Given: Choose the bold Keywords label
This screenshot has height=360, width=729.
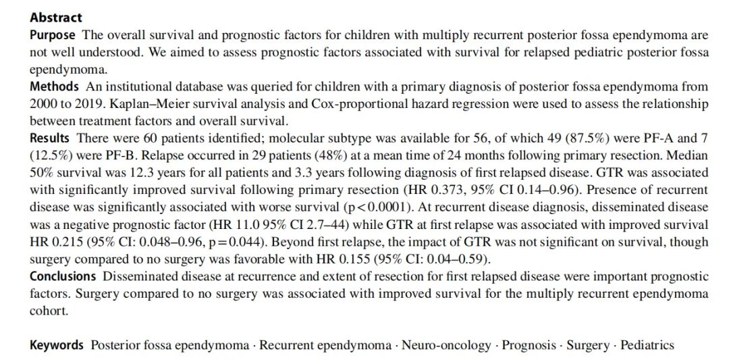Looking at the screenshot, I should tap(57, 345).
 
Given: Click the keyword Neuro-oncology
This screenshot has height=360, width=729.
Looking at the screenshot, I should tap(446, 345).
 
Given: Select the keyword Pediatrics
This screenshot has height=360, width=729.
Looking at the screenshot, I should tap(649, 345).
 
